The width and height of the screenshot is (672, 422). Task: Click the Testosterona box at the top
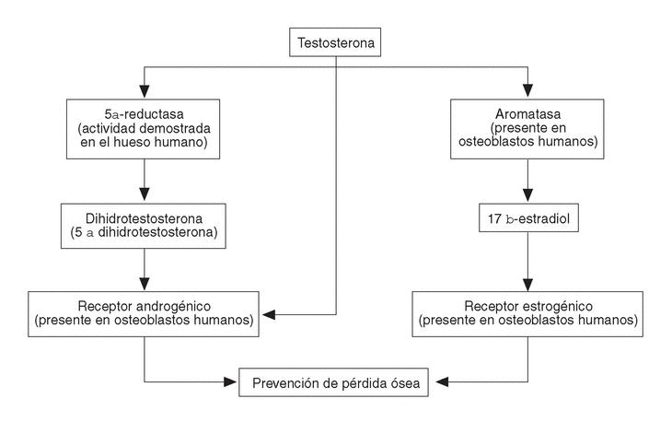coord(335,42)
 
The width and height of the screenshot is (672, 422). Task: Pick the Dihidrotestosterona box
coord(143,226)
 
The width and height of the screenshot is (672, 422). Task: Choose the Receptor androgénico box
coord(143,314)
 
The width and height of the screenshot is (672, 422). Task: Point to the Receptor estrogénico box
coord(527,314)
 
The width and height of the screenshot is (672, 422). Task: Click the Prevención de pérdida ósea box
coord(335,381)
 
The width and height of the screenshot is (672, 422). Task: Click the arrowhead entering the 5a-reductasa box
coord(143,92)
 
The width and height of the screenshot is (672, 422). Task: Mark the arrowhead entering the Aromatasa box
coord(527,92)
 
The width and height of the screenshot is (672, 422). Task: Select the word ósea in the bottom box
coord(404,381)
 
